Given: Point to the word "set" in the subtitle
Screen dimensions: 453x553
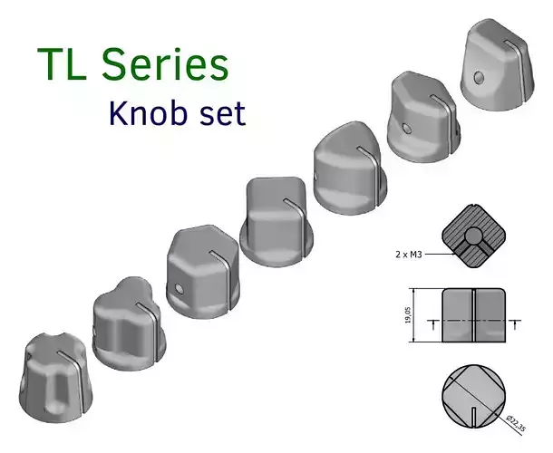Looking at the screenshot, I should [x=219, y=113].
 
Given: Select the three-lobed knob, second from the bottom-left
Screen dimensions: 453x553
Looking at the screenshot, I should [x=126, y=322].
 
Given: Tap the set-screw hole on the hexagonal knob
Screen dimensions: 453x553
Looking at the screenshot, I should [x=181, y=289].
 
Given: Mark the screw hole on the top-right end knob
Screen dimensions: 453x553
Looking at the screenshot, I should [x=481, y=76].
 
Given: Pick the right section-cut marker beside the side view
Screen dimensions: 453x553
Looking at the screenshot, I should [x=517, y=323].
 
